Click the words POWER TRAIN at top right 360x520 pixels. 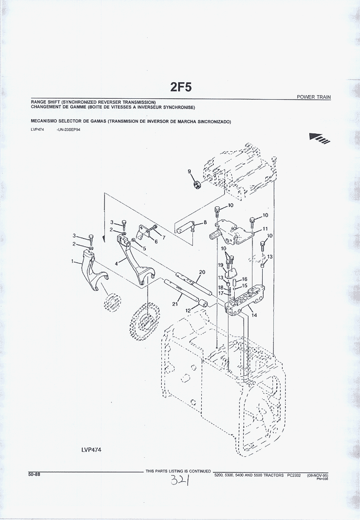pyautogui.click(x=314, y=97)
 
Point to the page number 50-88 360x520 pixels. pyautogui.click(x=34, y=474)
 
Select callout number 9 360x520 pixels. pyautogui.click(x=189, y=171)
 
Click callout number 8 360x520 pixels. pyautogui.click(x=205, y=222)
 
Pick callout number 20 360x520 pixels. pyautogui.click(x=202, y=272)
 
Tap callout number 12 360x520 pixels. pyautogui.click(x=188, y=310)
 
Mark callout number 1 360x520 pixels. pyautogui.click(x=72, y=262)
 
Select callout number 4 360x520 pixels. pyautogui.click(x=116, y=263)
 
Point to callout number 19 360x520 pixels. pyautogui.click(x=220, y=265)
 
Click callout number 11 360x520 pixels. pyautogui.click(x=265, y=229)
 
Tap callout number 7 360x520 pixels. pyautogui.click(x=164, y=238)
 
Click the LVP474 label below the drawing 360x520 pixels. pyautogui.click(x=91, y=450)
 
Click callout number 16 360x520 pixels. pyautogui.click(x=244, y=279)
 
